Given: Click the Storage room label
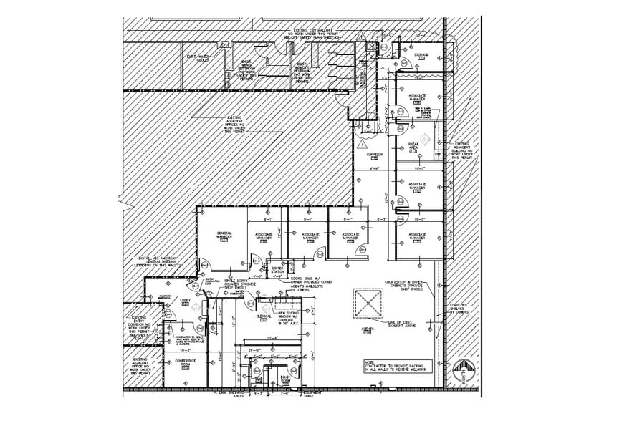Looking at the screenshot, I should [421, 55].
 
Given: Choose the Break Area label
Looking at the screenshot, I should [413, 147].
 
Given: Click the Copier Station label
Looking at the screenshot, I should [277, 270].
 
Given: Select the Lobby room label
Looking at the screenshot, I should [185, 302].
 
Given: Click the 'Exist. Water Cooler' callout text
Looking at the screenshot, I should [197, 57].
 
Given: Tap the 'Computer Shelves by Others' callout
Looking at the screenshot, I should [459, 309].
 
